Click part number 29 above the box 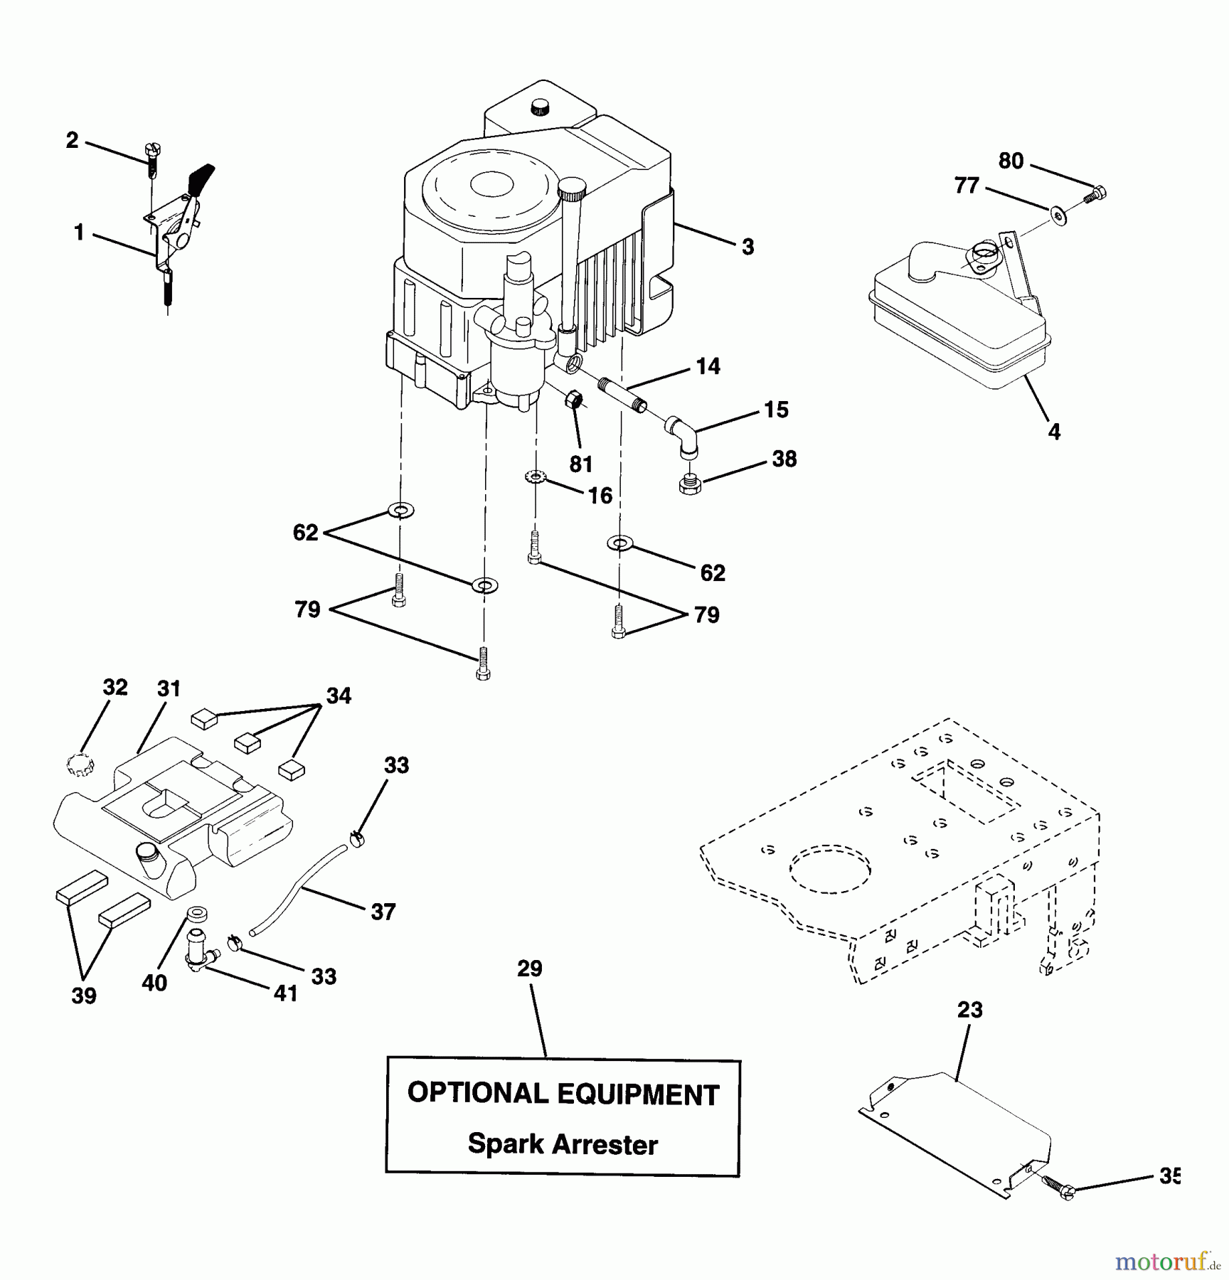tap(530, 969)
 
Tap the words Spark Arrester tap(563, 1144)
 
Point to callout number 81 tap(581, 464)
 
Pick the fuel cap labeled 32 tap(80, 766)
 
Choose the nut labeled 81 tap(574, 401)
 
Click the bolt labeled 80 tap(1096, 193)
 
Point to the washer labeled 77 tap(1058, 213)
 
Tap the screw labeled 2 tap(153, 157)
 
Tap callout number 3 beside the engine tap(747, 247)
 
